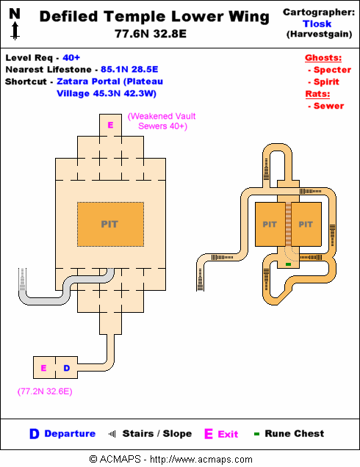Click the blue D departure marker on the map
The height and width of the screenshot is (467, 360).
tap(66, 368)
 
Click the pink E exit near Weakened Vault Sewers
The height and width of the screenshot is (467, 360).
tap(110, 125)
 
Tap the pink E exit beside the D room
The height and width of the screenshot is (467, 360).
tap(43, 368)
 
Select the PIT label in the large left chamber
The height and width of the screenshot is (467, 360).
tap(109, 224)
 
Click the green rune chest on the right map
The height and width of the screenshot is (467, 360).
tap(288, 264)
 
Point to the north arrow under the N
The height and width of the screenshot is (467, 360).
tap(15, 31)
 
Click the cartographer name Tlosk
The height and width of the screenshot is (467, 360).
tap(317, 23)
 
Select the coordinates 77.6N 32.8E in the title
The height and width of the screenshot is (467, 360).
tap(151, 34)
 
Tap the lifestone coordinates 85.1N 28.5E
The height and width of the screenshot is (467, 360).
tap(129, 70)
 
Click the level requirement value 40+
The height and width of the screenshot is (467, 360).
tap(71, 57)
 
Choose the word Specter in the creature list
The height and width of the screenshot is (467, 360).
tap(332, 70)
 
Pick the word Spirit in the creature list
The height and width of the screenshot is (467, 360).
tap(326, 82)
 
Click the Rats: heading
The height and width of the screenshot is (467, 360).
tap(317, 94)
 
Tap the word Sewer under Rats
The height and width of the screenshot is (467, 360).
tap(328, 106)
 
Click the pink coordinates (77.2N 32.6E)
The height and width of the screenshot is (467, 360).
tap(45, 391)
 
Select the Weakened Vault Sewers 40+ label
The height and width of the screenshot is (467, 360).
tap(162, 121)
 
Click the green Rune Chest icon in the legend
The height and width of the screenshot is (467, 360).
tap(256, 434)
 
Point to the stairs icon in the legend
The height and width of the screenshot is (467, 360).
tap(112, 434)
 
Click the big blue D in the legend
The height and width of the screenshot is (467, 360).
tap(35, 434)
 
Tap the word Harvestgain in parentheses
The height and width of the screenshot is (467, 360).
tap(319, 34)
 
